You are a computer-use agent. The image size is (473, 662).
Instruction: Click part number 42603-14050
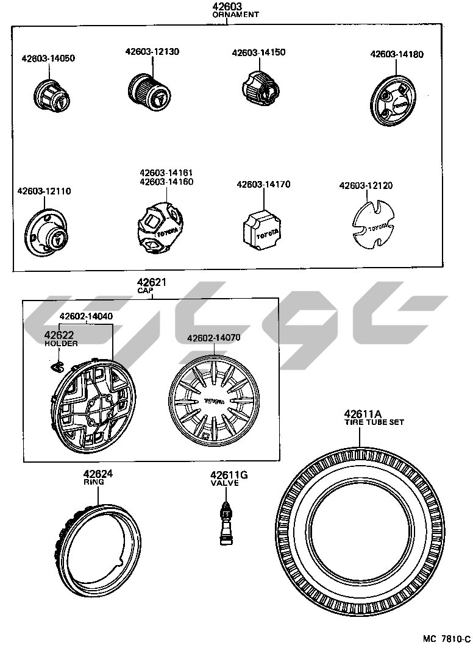(48, 59)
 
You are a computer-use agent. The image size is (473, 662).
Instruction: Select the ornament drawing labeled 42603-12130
(149, 93)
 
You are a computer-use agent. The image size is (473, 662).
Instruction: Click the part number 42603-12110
(44, 191)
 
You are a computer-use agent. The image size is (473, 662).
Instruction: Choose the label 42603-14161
(166, 173)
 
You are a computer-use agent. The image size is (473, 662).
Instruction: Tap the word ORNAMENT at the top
(235, 15)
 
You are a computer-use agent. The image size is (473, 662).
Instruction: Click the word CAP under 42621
(145, 291)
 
